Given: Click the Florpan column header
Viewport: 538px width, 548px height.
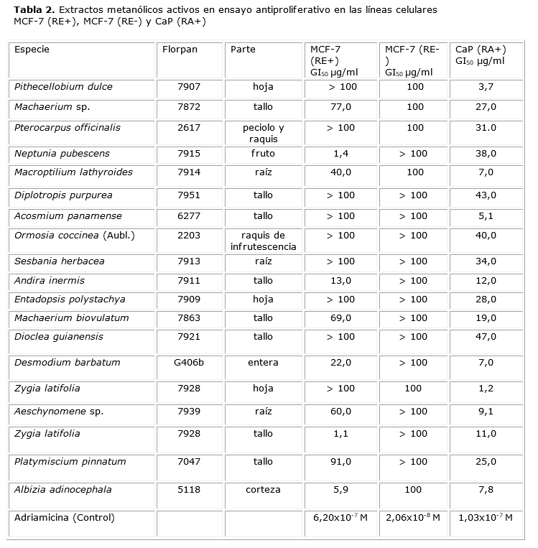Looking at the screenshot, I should pyautogui.click(x=180, y=50).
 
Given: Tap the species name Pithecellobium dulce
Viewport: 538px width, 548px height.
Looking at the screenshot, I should pyautogui.click(x=63, y=87).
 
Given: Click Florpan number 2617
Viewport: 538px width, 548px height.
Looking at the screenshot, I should pyautogui.click(x=189, y=128).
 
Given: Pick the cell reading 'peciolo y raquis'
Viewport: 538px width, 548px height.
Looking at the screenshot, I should pyautogui.click(x=264, y=134).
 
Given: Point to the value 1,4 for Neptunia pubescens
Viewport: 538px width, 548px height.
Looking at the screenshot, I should pyautogui.click(x=340, y=153).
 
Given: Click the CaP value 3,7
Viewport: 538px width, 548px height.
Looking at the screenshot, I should pyautogui.click(x=486, y=87).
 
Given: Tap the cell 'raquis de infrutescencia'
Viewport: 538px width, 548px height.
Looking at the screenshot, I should pyautogui.click(x=264, y=241).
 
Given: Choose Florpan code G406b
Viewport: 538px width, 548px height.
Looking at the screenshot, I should pyautogui.click(x=189, y=363).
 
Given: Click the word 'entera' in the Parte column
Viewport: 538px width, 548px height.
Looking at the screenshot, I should pyautogui.click(x=263, y=363).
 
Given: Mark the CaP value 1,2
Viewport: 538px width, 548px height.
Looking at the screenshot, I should pyautogui.click(x=486, y=389).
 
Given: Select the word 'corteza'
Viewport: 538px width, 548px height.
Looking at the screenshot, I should pyautogui.click(x=263, y=490).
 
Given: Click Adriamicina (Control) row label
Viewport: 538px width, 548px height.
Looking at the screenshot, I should pyautogui.click(x=64, y=517).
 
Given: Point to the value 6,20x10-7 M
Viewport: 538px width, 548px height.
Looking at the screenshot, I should pyautogui.click(x=340, y=517).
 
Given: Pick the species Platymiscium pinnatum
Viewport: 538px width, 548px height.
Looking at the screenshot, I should pyautogui.click(x=70, y=462).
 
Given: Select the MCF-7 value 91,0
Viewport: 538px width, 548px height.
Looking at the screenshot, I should pyautogui.click(x=340, y=462).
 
